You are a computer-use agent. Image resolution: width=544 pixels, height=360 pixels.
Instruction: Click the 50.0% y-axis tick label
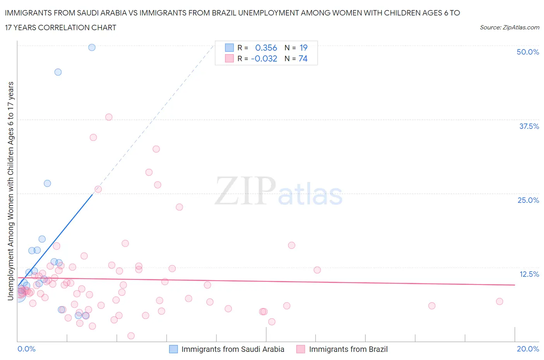528,52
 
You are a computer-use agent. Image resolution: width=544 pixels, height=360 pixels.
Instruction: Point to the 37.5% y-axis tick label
529,126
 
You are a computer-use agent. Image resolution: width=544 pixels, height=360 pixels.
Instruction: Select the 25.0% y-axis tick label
528,200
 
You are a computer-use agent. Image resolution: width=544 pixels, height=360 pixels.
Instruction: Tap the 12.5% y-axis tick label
529,274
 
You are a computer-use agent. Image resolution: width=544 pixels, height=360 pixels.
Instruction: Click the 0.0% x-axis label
26,349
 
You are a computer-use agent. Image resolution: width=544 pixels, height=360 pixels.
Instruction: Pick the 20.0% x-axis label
528,349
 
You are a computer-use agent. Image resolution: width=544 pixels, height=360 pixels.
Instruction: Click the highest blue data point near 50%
92,47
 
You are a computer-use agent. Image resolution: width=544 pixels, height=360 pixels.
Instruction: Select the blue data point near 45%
58,72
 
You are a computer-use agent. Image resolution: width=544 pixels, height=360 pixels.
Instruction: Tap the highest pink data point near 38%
109,117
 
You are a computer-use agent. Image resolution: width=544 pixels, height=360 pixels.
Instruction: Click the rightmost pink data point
500,302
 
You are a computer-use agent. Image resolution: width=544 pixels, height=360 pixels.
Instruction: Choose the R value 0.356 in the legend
266,48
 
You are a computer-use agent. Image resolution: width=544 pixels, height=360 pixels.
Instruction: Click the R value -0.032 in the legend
264,58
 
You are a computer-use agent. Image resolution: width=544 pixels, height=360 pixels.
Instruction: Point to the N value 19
303,48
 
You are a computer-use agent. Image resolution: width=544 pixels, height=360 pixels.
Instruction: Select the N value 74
303,58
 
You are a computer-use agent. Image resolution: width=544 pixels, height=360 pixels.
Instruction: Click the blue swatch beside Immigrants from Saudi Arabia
173,349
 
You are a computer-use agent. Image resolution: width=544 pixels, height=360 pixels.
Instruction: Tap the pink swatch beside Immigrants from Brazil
301,349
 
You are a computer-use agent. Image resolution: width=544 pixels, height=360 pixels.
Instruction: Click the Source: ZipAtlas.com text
509,27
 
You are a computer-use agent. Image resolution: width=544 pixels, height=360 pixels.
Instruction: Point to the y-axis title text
10,191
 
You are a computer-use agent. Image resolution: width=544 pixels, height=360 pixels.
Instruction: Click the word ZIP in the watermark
245,191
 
